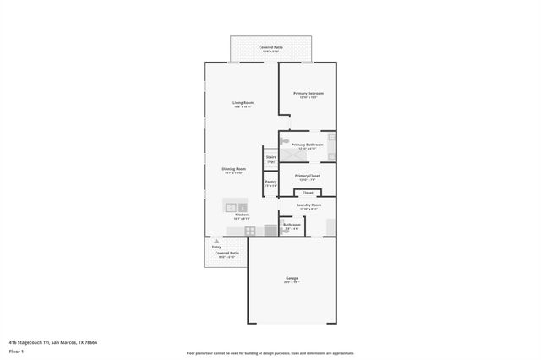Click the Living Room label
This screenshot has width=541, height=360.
[243, 103]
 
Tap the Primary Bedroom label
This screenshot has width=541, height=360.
[309, 93]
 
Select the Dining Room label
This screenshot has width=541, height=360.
[234, 169]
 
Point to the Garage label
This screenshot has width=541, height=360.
[292, 278]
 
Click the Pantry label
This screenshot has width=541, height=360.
[270, 182]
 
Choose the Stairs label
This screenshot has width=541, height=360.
[271, 156]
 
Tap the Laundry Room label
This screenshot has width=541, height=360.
[308, 205]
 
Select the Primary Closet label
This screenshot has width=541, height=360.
[307, 176]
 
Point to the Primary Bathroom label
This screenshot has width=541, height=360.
[308, 145]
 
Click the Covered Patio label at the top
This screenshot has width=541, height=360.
[270, 48]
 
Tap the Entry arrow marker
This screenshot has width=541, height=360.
[216, 241]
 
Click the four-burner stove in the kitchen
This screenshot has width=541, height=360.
[250, 230]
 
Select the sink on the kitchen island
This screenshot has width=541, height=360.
[243, 207]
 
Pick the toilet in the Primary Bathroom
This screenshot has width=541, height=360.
[286, 141]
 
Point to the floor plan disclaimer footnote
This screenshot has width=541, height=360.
[270, 353]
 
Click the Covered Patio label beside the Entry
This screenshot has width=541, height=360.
[227, 253]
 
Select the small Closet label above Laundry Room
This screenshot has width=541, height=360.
[308, 193]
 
